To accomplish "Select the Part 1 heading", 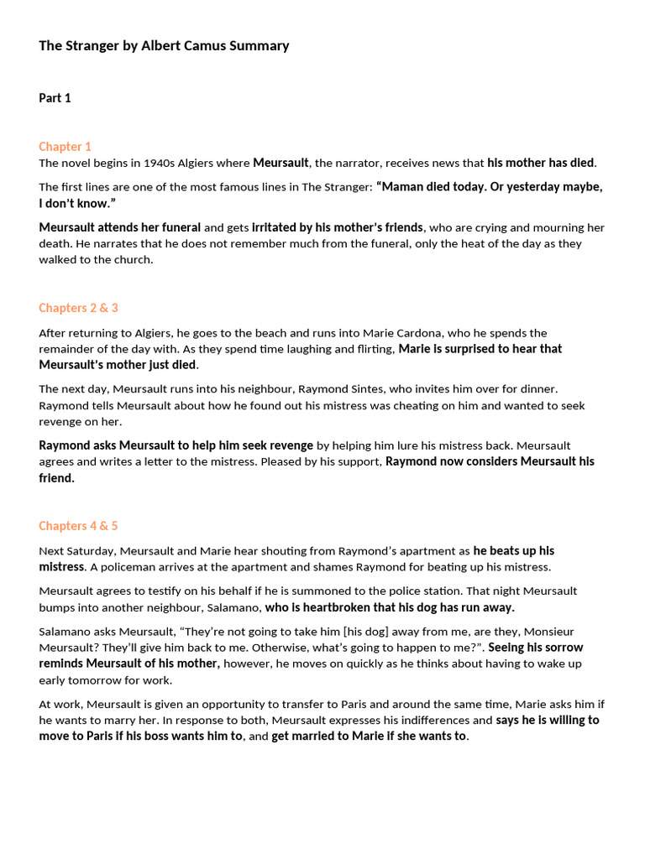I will pos(55,98).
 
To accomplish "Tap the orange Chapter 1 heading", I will pos(65,146).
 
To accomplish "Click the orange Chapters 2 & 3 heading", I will pos(78,308).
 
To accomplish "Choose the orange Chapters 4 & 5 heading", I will pos(78,526).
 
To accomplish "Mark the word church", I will pos(133,259).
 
